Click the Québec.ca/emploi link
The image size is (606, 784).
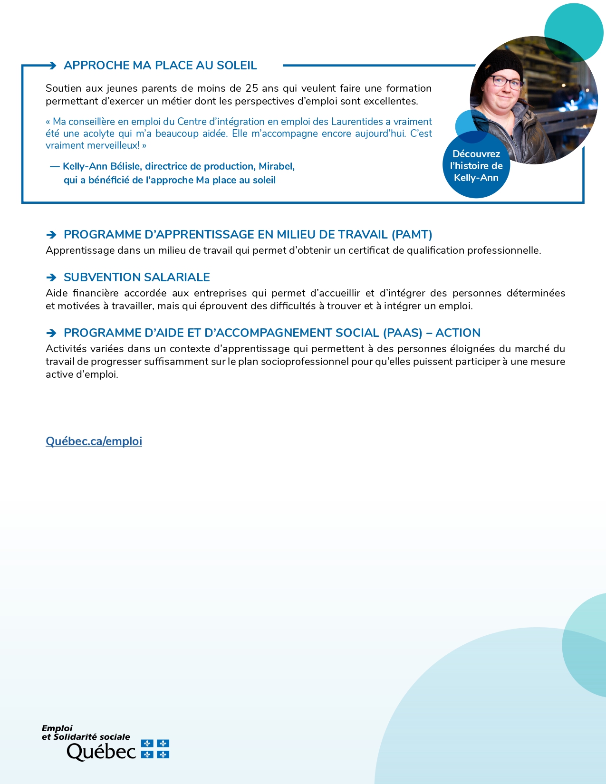click(x=94, y=441)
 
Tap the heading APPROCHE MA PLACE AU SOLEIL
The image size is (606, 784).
click(x=160, y=66)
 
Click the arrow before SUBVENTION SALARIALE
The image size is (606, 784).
click(x=51, y=277)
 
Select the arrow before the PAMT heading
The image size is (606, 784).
click(x=51, y=235)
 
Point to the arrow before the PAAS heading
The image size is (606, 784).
click(x=51, y=333)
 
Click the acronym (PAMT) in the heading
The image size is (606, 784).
click(x=412, y=235)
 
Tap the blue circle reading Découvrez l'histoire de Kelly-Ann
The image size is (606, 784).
click(x=476, y=166)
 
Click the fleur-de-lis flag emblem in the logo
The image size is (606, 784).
click(x=155, y=749)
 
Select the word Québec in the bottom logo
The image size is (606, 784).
click(x=101, y=752)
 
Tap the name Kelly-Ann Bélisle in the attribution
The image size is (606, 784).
click(x=102, y=166)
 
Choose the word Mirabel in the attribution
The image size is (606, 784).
click(x=276, y=166)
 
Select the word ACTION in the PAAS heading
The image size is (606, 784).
click(x=458, y=333)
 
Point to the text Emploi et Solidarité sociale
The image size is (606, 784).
click(x=86, y=733)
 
